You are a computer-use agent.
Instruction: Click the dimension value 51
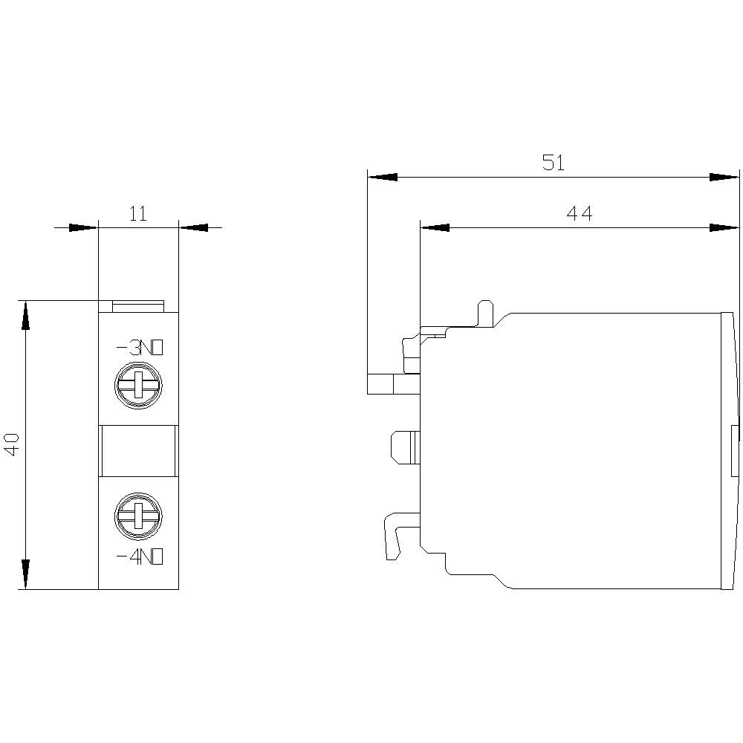pyautogui.click(x=553, y=163)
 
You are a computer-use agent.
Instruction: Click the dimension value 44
pyautogui.click(x=580, y=214)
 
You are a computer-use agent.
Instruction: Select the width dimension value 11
pyautogui.click(x=138, y=214)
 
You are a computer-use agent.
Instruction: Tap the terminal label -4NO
pyautogui.click(x=139, y=557)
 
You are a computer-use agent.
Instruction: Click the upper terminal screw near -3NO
pyautogui.click(x=138, y=386)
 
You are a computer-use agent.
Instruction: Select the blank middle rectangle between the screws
pyautogui.click(x=138, y=450)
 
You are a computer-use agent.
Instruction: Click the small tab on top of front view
pyautogui.click(x=138, y=306)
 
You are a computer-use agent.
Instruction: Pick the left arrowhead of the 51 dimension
pyautogui.click(x=383, y=178)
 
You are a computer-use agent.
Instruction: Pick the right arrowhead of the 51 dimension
pyautogui.click(x=724, y=178)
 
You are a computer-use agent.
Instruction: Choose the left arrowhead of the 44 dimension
pyautogui.click(x=435, y=227)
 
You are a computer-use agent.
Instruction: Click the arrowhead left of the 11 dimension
pyautogui.click(x=83, y=227)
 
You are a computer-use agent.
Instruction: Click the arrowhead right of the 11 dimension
pyautogui.click(x=193, y=227)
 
